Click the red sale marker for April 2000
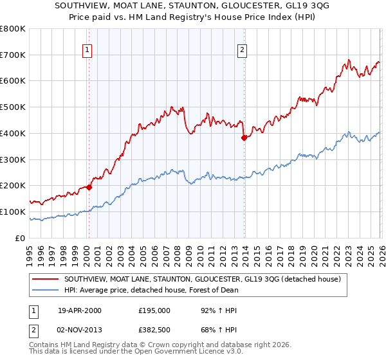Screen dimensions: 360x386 (89, 187)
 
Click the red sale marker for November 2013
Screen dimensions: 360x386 (244, 138)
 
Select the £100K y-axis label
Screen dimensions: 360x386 (13, 212)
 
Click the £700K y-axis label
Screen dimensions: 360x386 (13, 55)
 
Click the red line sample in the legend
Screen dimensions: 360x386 (46, 280)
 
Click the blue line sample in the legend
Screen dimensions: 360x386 (46, 290)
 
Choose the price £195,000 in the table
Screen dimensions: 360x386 (154, 310)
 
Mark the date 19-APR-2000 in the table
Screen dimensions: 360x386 (79, 310)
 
